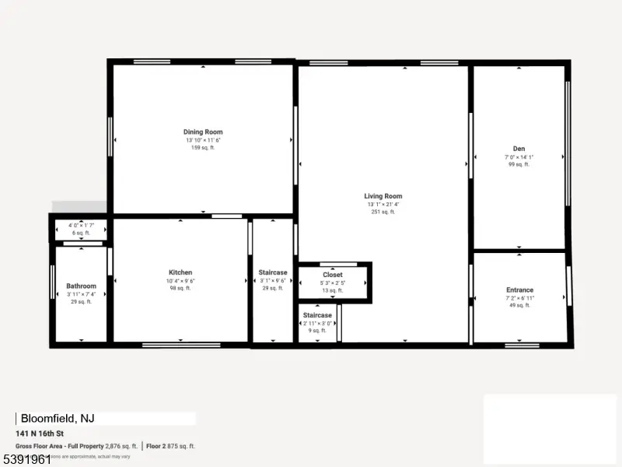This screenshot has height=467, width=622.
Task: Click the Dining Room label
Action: (203, 132)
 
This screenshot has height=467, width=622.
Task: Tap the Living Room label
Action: (383, 196)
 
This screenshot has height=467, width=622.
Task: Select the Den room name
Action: (519, 149)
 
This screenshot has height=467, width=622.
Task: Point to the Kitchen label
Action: (180, 272)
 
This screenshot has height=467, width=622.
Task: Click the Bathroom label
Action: (81, 286)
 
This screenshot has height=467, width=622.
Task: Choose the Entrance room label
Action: (519, 290)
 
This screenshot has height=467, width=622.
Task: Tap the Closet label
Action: (333, 275)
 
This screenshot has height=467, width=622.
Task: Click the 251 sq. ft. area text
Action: (383, 212)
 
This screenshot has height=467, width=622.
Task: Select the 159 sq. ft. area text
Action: (203, 148)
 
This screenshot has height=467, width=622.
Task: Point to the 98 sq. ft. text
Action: (180, 288)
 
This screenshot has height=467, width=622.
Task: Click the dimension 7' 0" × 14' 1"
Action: (519, 156)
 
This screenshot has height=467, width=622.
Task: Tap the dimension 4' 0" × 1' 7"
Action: (81, 226)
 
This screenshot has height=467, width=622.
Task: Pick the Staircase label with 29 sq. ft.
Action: (273, 272)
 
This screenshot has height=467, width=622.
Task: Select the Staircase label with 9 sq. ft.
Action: (316, 315)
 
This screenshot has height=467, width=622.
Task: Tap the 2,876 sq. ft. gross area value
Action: (123, 446)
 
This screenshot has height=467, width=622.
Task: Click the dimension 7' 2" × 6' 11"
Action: (519, 298)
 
